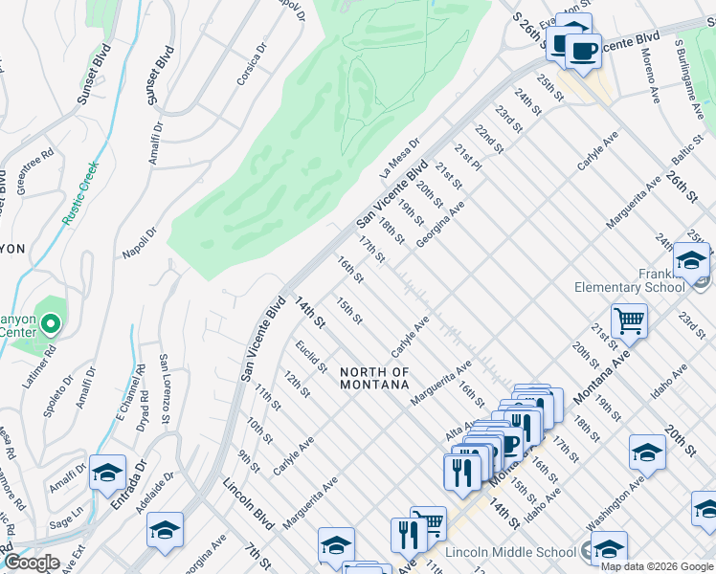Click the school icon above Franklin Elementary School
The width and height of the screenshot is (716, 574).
click(x=691, y=260)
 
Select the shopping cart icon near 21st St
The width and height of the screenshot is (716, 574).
click(x=629, y=321)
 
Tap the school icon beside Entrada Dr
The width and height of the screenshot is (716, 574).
click(x=108, y=472)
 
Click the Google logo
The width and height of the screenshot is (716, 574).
click(x=31, y=563)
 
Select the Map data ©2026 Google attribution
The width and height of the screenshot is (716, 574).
click(x=657, y=566)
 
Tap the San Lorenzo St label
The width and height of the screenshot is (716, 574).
click(x=165, y=389)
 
